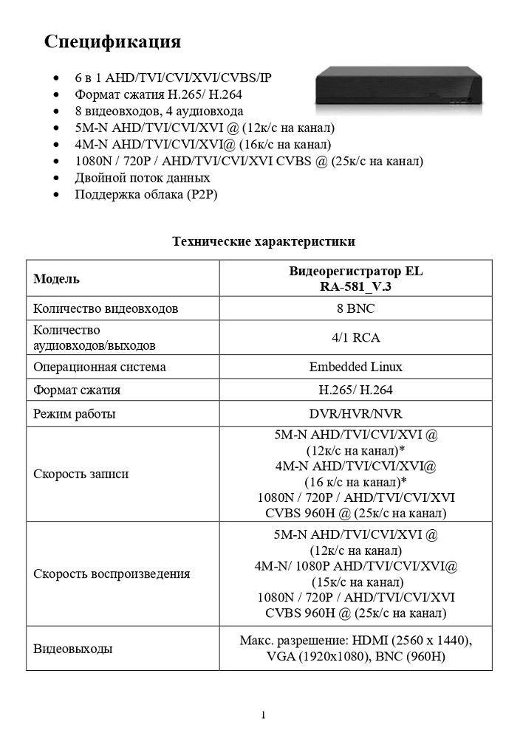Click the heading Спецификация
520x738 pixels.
point(112,41)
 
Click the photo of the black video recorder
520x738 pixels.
point(399,90)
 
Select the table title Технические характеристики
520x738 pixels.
point(264,241)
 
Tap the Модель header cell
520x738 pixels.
point(57,280)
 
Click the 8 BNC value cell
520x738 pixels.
point(356,308)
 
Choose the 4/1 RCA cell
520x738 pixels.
point(356,338)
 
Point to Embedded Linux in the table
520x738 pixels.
point(356,367)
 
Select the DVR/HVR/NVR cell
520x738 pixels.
point(356,413)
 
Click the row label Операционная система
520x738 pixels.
point(100,367)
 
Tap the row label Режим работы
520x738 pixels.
point(75,413)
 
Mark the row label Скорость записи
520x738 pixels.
point(81,474)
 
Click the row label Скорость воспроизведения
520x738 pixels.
point(112,573)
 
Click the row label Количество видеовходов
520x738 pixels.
point(106,308)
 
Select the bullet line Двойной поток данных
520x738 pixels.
point(143,178)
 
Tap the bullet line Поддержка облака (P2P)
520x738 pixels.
point(146,194)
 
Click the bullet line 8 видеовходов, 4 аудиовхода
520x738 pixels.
point(159,111)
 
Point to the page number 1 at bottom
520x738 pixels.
point(263,714)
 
